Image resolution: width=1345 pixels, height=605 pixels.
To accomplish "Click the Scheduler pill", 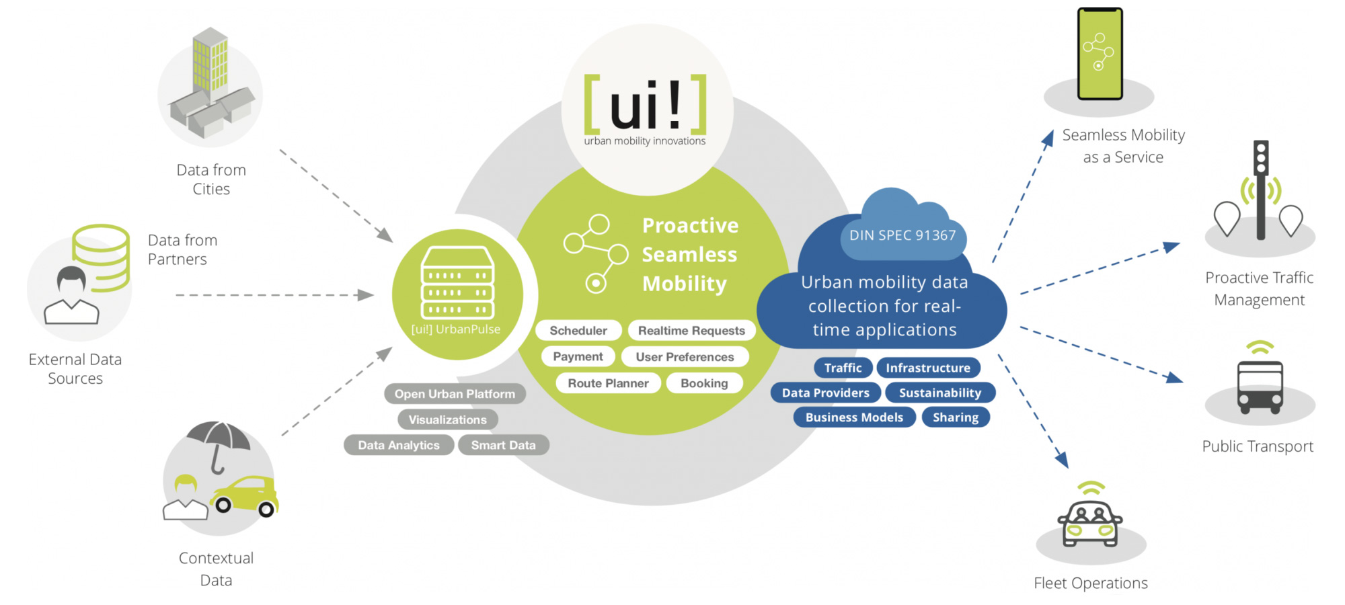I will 578,331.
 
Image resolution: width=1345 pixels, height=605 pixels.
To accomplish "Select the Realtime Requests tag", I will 691,331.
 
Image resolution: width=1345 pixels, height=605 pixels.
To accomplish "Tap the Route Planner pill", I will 608,383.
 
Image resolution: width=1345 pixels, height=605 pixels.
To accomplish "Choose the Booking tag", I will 704,383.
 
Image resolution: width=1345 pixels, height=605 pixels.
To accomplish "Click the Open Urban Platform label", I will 455,394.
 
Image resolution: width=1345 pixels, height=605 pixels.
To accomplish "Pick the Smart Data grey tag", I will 503,445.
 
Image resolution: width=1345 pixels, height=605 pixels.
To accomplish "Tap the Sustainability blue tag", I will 939,393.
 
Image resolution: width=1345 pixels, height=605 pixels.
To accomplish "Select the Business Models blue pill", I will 854,417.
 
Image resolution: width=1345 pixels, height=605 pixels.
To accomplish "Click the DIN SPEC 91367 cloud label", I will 902,235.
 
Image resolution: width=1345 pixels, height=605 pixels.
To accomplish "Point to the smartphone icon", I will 1100,54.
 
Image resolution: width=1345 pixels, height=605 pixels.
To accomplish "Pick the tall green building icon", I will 210,61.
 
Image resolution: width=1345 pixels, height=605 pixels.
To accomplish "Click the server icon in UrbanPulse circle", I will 457,282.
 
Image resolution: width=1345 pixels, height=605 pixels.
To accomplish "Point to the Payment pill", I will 578,357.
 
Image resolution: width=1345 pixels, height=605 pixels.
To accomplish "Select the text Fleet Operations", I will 1090,583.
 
